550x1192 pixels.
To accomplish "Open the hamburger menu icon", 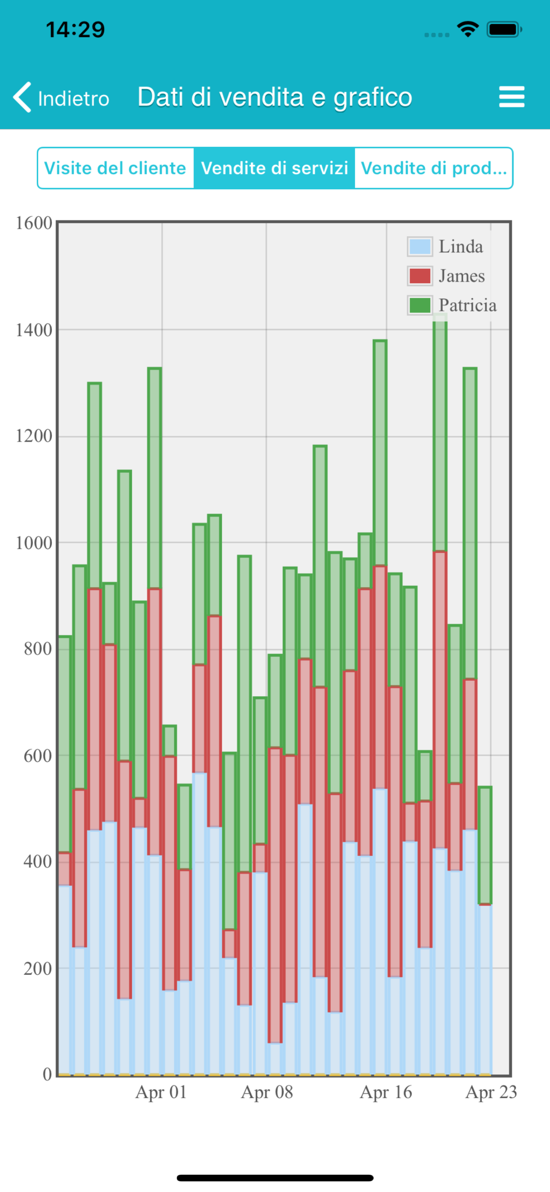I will [511, 97].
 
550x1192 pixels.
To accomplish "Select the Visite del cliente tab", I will [115, 168].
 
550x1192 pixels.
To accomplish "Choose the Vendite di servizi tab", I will [275, 168].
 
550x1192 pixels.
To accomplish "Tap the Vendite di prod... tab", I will [434, 168].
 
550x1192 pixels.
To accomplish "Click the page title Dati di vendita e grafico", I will [275, 97].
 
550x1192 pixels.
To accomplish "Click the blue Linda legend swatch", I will [420, 246].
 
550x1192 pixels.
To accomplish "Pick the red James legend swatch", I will [420, 276].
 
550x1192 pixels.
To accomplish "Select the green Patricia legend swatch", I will [420, 306].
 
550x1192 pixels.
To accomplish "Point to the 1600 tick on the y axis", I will [34, 223].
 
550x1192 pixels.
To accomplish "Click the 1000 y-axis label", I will [34, 543].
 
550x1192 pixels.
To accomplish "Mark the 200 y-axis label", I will [38, 968].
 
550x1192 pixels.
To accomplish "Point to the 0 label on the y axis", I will [46, 1074].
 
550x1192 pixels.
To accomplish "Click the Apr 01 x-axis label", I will [161, 1093].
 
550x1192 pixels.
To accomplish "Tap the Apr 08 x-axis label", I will [267, 1093].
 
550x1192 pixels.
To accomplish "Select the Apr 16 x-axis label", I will [386, 1093].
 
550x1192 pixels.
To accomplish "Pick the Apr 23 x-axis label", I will [491, 1093].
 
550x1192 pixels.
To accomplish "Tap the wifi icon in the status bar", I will [468, 29].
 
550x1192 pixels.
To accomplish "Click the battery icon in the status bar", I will [504, 29].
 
